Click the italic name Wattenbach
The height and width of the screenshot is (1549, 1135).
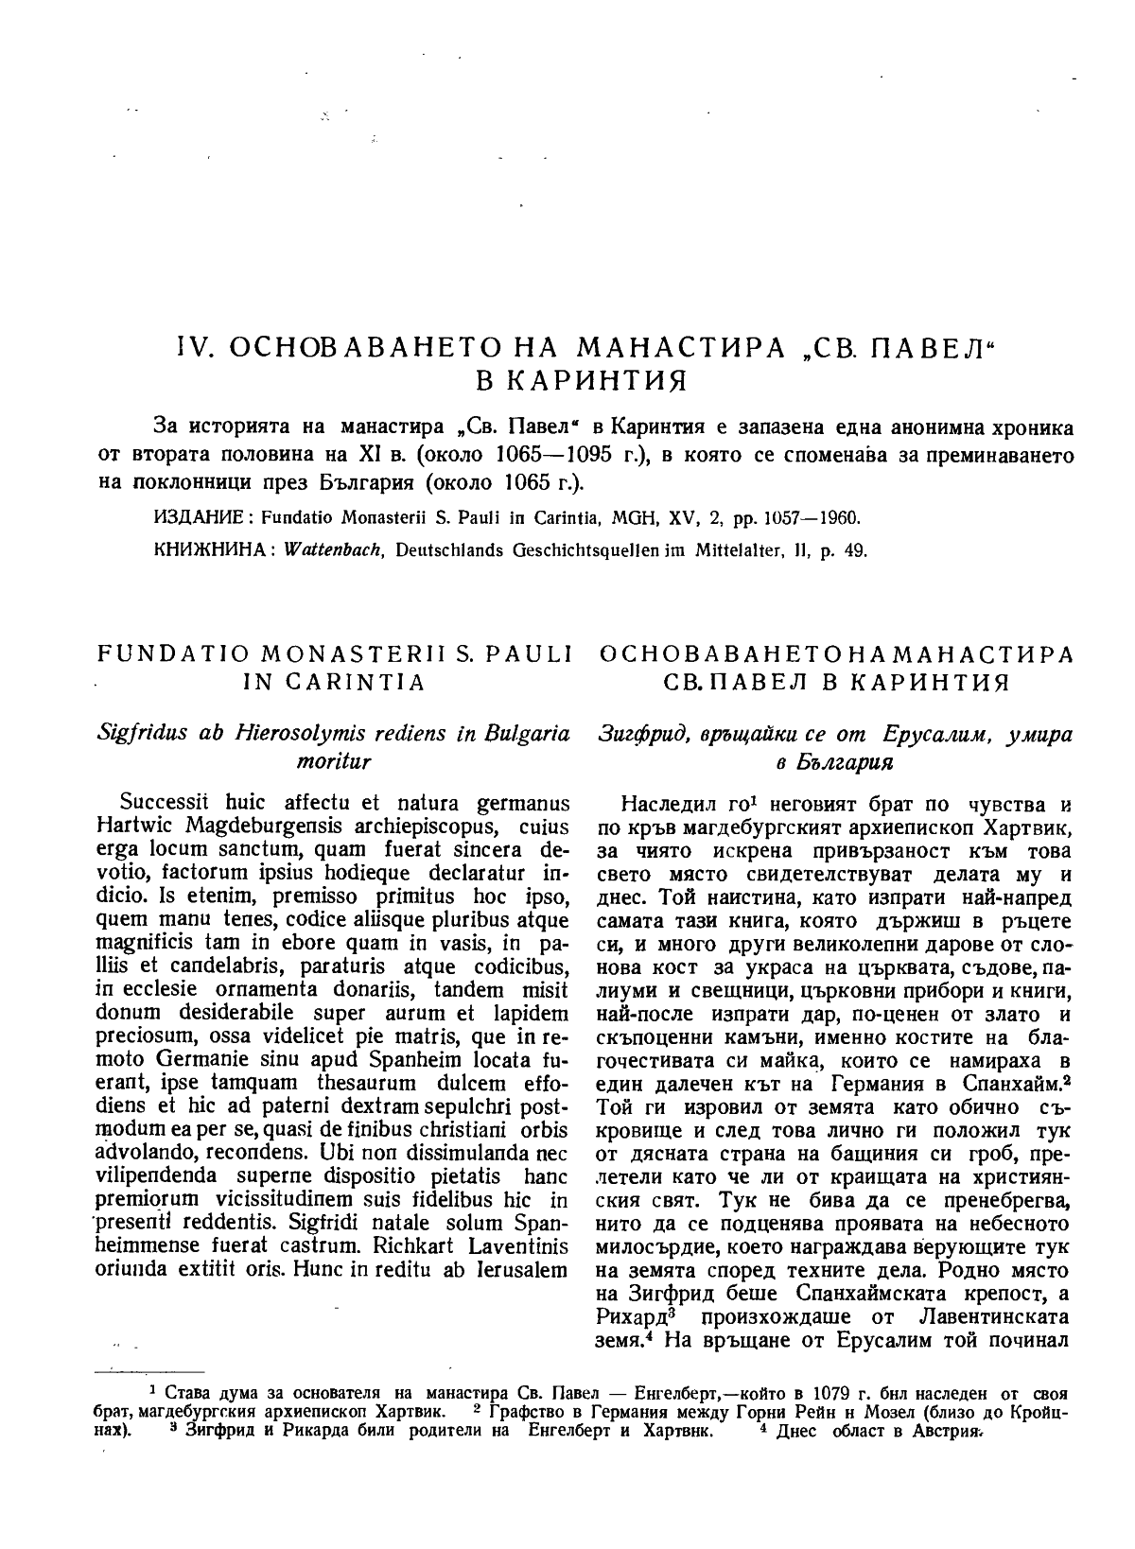click(317, 549)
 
